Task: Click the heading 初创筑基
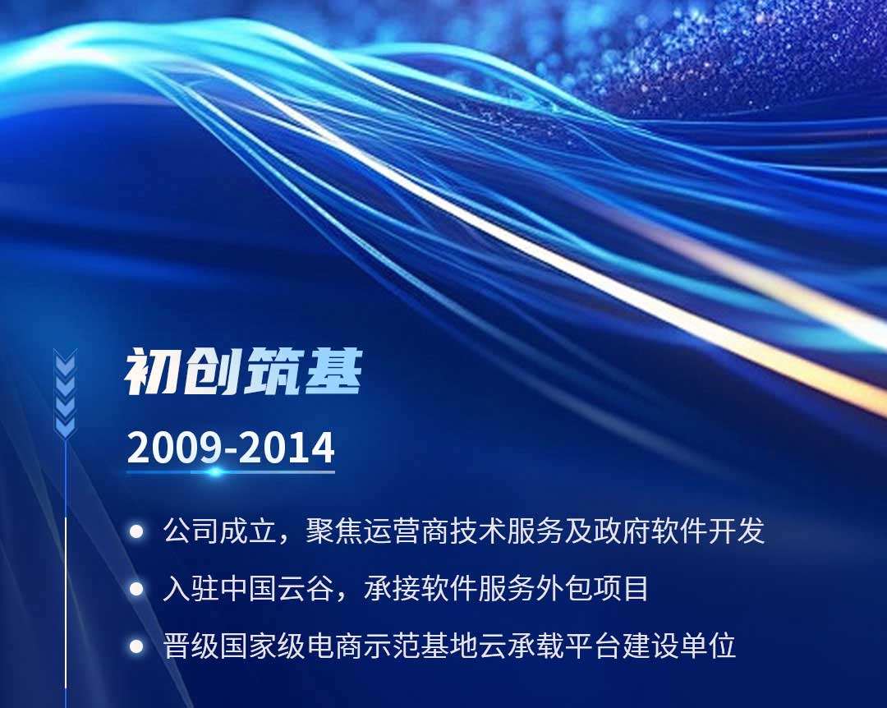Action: pos(243,371)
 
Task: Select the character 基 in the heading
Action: pos(333,371)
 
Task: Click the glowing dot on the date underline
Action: pos(215,471)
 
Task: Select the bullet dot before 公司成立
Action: pos(136,531)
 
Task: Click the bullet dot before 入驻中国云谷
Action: pos(136,589)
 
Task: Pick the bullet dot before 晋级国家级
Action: pos(136,646)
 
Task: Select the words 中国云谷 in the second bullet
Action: pos(277,589)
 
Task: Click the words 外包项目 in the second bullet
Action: pos(591,589)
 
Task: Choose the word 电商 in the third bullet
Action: pos(334,646)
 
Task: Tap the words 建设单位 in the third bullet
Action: pos(679,646)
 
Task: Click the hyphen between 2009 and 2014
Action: pos(230,451)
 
